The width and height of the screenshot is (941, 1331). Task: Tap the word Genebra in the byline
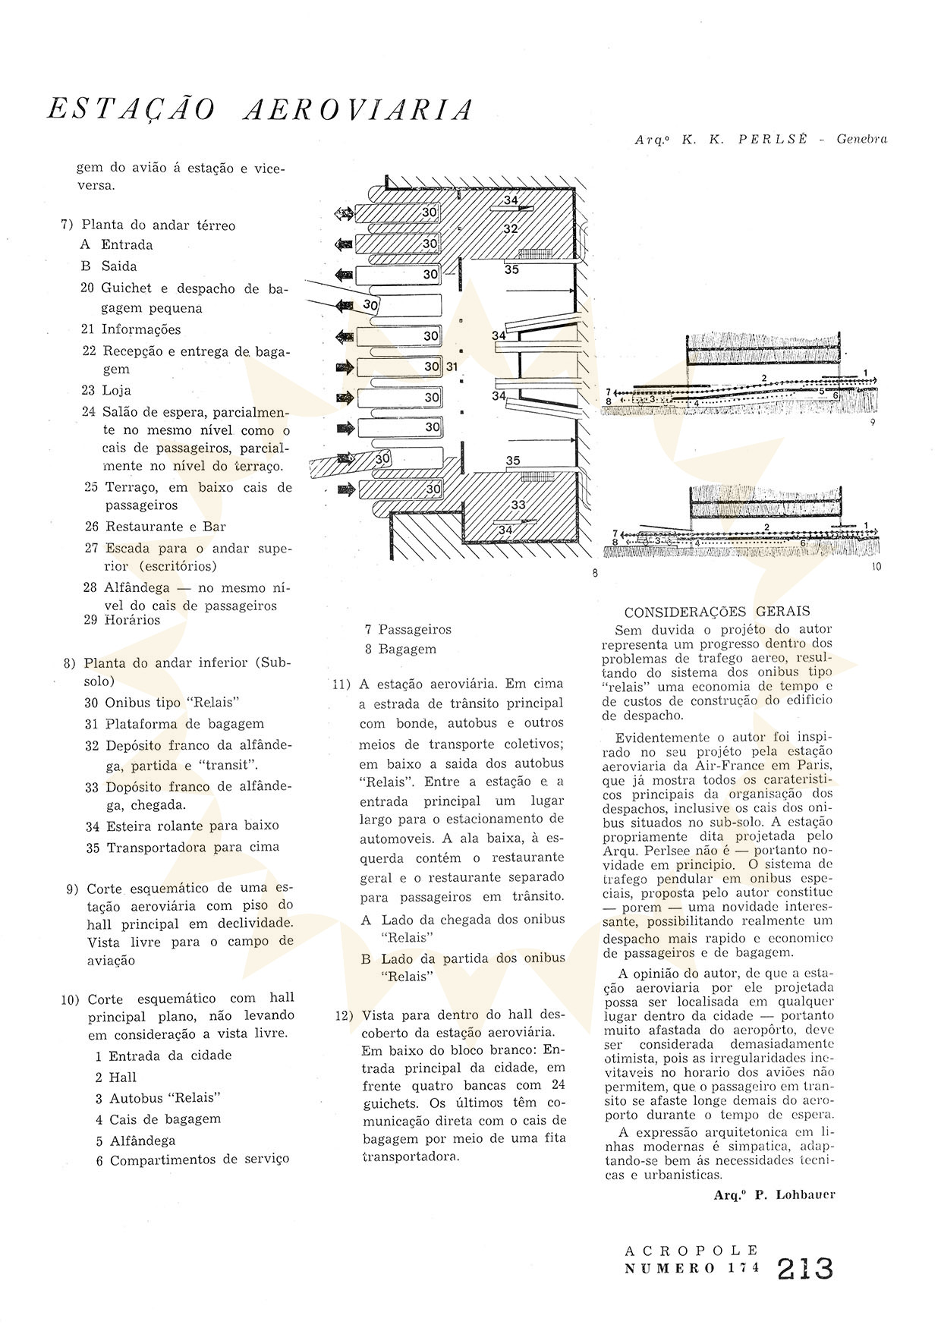tap(862, 139)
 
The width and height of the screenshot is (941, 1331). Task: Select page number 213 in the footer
tap(805, 1269)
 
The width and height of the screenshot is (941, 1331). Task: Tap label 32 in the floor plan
tap(510, 228)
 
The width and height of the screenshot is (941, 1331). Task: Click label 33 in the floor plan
tap(518, 505)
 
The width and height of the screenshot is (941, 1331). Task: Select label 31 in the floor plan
tap(452, 367)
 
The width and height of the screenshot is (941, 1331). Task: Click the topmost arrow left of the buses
tap(345, 215)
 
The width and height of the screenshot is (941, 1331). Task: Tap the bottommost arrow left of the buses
tap(345, 490)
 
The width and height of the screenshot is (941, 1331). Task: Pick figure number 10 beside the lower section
tap(876, 567)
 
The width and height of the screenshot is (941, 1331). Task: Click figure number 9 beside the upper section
tap(873, 422)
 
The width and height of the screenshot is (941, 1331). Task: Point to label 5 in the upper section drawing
tap(821, 390)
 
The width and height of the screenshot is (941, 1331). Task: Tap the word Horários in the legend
tap(133, 620)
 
